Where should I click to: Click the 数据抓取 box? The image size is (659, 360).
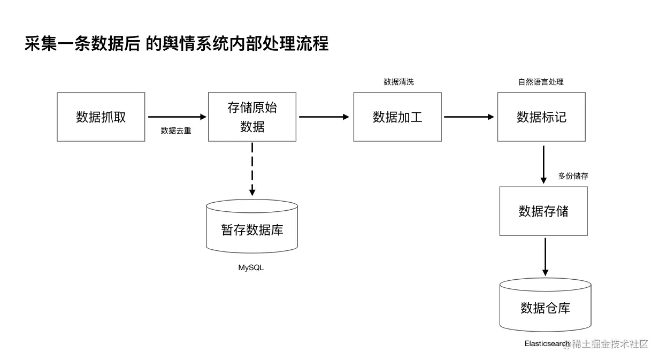(101, 117)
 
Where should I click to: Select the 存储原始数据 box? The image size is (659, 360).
(252, 117)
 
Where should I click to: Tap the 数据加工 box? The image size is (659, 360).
(397, 117)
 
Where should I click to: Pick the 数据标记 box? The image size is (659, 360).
(541, 117)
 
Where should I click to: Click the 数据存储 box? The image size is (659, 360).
(543, 211)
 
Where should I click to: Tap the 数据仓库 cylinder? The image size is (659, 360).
(545, 307)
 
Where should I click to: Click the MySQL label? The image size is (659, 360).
(251, 267)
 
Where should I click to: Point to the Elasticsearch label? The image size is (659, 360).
(547, 343)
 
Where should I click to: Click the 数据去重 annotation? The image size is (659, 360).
(176, 131)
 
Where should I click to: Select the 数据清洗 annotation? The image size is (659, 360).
(399, 82)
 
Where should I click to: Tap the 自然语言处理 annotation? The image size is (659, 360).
(541, 82)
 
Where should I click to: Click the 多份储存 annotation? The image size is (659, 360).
(573, 175)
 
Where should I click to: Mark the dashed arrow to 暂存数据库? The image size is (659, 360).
(252, 168)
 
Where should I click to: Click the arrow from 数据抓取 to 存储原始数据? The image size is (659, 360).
(177, 117)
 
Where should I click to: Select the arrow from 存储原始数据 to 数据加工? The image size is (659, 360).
(324, 117)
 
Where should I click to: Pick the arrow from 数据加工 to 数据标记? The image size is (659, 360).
(469, 117)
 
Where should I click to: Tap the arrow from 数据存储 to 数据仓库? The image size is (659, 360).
(545, 257)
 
